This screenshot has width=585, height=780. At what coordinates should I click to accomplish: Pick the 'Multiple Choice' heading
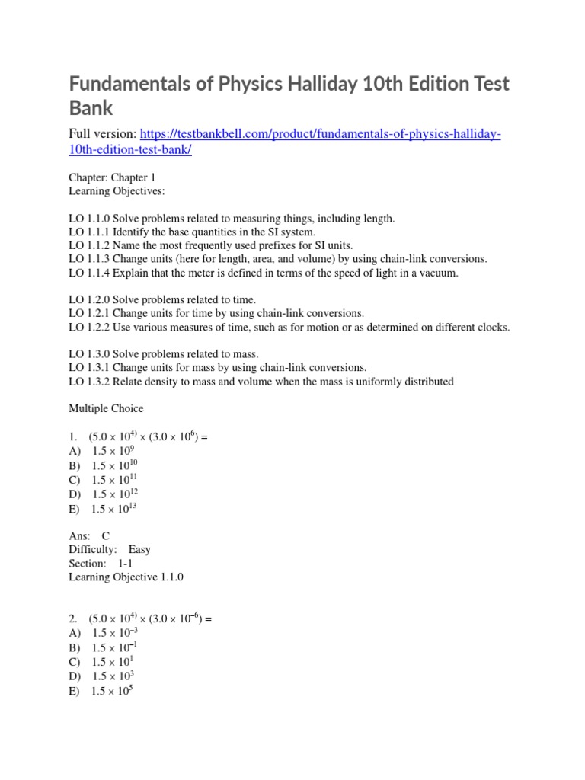coord(106,409)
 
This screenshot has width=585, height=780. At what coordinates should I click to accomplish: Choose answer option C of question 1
coord(104,480)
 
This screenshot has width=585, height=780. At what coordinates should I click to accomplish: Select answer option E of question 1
coord(104,508)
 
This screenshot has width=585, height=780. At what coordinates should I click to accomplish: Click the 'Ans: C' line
coord(89,535)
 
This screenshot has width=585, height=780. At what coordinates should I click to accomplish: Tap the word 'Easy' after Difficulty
coord(139,549)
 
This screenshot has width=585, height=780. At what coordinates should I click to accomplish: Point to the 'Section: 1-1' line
coord(100,563)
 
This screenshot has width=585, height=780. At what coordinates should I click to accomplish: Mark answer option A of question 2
coord(104,633)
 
